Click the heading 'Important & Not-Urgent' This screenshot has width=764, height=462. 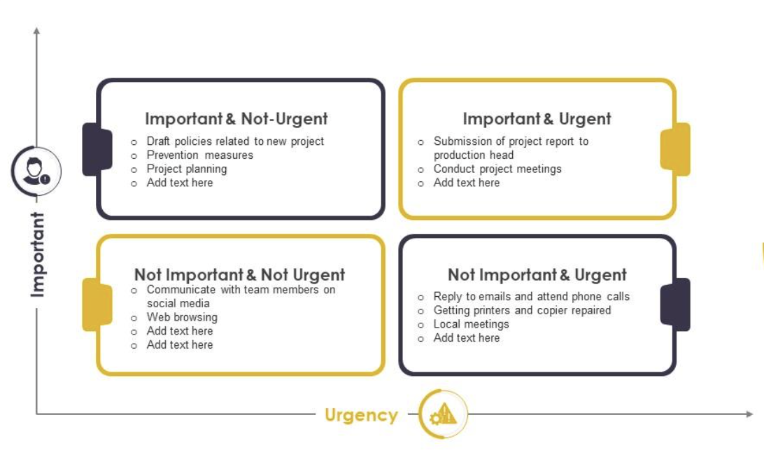[236, 119]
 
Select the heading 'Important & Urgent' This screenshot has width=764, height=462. [537, 119]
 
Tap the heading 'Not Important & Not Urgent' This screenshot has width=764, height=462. [240, 275]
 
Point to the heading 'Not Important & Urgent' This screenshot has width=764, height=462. [537, 275]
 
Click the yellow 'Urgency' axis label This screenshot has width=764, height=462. [361, 415]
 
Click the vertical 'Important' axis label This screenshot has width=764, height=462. [38, 254]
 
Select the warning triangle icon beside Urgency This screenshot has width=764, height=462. [443, 414]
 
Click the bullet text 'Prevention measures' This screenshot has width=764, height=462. [200, 155]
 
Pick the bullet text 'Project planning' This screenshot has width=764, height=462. [187, 169]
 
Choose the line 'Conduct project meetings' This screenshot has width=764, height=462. [497, 169]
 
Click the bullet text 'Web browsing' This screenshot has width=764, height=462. [182, 317]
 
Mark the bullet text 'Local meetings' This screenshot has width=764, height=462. [471, 324]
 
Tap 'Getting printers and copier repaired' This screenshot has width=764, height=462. [523, 310]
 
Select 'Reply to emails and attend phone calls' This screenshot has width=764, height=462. [532, 297]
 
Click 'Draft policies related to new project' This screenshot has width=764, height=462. [235, 141]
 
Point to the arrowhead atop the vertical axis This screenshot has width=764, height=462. [36, 31]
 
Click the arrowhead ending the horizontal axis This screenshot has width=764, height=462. [750, 414]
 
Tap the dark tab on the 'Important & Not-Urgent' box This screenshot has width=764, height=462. [97, 150]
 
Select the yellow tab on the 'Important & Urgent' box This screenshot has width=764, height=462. [675, 150]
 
